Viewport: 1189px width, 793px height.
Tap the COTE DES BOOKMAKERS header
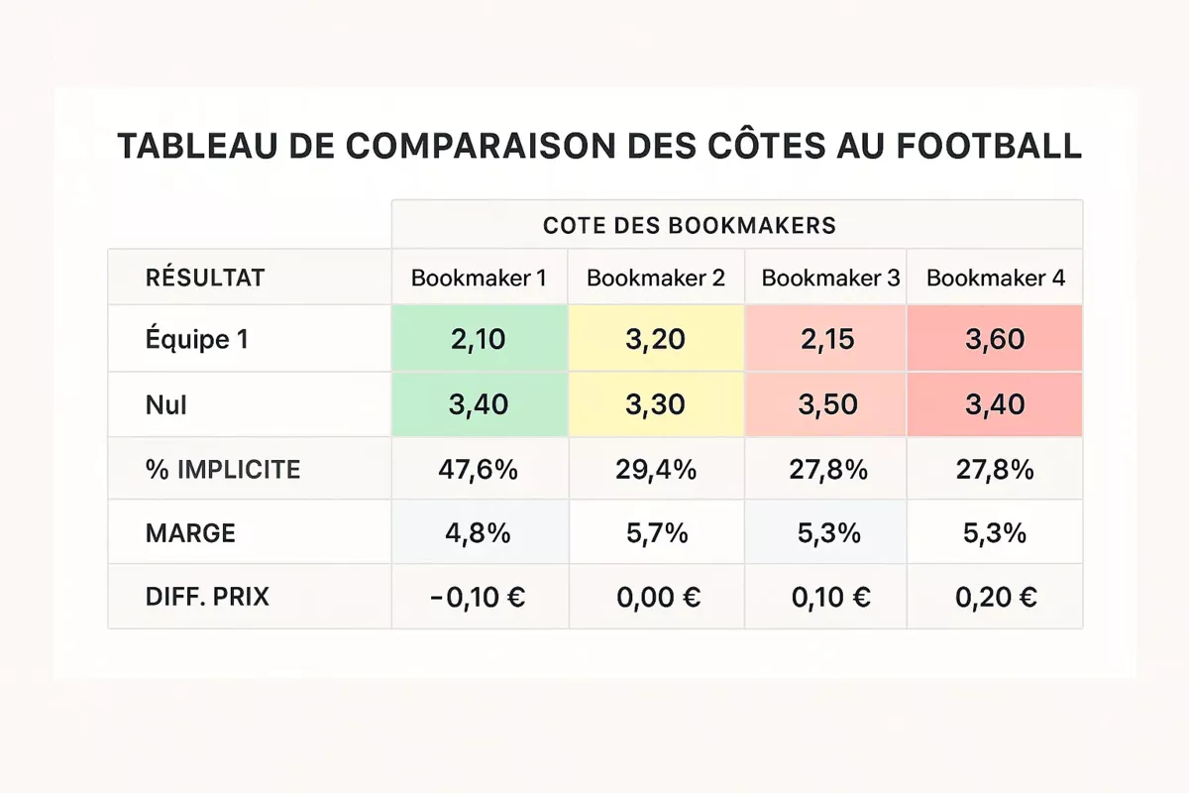tap(690, 225)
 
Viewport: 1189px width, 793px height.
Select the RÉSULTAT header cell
tap(205, 278)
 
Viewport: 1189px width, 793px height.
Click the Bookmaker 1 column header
tap(479, 278)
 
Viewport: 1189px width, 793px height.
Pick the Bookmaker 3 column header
tap(830, 278)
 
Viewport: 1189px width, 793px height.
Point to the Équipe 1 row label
tap(196, 339)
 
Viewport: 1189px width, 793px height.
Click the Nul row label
tap(165, 404)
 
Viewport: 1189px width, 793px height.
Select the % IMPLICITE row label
tap(222, 469)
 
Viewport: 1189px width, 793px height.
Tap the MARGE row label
tap(190, 533)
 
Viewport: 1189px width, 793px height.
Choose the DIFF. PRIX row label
tap(207, 597)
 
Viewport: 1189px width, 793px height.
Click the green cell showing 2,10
tap(479, 339)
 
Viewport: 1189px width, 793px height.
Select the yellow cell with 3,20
tap(655, 339)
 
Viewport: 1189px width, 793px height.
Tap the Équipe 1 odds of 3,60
tap(995, 339)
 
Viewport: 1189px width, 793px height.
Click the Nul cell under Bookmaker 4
tap(995, 404)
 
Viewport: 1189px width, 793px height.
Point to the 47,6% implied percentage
tap(479, 469)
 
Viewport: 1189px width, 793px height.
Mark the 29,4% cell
tap(655, 469)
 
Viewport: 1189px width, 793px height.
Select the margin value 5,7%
tap(655, 533)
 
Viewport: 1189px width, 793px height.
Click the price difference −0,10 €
tap(479, 597)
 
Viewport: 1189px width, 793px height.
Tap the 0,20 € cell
tap(995, 597)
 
